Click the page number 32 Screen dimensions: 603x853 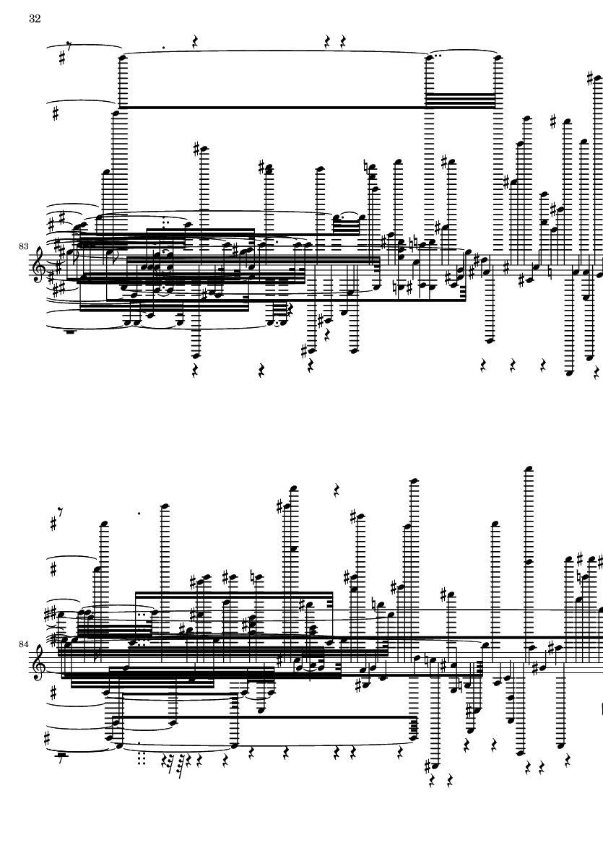click(x=35, y=19)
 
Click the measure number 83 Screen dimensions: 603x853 click(x=23, y=246)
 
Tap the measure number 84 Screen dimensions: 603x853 click(x=23, y=644)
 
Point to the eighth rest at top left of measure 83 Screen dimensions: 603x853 click(x=69, y=46)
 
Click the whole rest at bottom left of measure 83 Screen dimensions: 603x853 click(x=70, y=330)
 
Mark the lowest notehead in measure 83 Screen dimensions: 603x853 click(x=569, y=373)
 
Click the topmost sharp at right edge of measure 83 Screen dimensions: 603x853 click(x=591, y=79)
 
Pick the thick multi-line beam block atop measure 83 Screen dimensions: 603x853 click(x=460, y=100)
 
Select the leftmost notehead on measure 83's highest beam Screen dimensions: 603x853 click(x=123, y=56)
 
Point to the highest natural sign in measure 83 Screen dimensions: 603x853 click(x=367, y=166)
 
